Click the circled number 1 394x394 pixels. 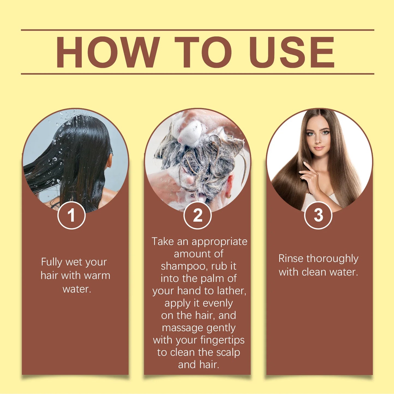click(x=71, y=215)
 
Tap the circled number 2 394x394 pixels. click(x=198, y=215)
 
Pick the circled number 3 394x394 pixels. click(x=318, y=215)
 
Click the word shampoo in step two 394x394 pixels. click(x=183, y=266)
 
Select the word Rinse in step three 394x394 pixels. click(x=291, y=258)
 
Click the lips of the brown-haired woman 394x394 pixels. click(x=318, y=148)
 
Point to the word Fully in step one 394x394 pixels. click(x=52, y=262)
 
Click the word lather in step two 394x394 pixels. click(x=231, y=291)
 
